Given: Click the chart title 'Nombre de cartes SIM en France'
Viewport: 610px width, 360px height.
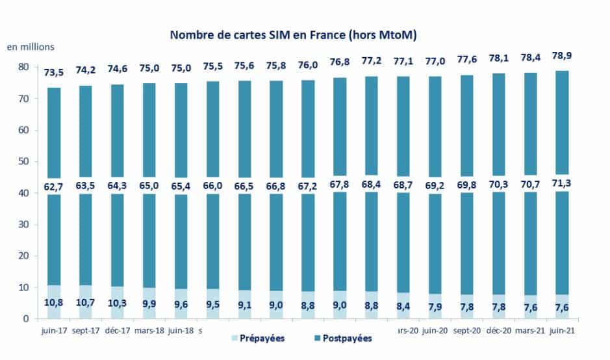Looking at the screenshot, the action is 257,35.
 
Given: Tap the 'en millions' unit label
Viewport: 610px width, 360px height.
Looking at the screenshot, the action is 31,47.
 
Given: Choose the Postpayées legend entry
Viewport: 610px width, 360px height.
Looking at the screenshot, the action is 343,338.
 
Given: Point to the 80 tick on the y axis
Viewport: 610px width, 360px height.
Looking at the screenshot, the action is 23,67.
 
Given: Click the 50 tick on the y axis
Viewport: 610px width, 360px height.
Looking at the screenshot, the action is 23,162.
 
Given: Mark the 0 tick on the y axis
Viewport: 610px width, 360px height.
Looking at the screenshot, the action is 26,319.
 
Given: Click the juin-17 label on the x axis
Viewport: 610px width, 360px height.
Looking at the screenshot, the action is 54,330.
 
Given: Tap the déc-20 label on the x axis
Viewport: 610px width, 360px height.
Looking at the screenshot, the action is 499,330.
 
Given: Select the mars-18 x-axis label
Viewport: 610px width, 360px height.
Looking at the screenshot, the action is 149,330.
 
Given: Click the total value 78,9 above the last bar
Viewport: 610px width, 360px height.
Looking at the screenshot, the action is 562,56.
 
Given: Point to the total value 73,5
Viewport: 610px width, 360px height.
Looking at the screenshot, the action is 54,72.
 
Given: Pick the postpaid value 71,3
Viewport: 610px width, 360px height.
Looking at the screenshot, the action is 562,183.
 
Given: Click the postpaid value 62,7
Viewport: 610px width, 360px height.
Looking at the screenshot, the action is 54,186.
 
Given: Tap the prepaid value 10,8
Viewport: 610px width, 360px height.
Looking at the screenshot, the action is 54,302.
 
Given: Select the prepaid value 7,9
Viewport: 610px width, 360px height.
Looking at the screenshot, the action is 435,307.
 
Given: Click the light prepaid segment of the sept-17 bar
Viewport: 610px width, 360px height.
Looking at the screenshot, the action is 86,302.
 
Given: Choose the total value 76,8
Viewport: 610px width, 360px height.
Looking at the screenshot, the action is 340,62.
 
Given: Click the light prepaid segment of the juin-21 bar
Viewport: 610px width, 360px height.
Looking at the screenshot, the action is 562,307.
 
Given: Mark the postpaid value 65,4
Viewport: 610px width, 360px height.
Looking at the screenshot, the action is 181,186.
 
